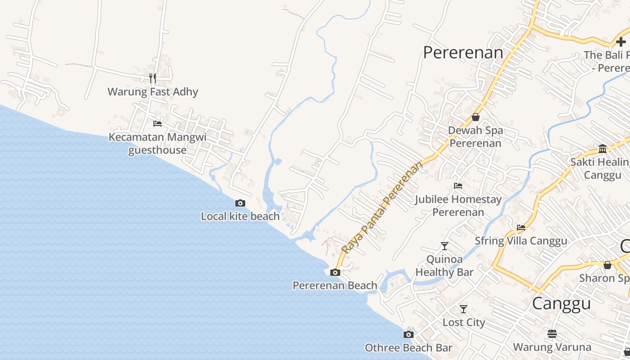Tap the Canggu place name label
point(561,304)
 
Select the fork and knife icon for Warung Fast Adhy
point(153,78)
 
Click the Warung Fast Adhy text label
point(153,92)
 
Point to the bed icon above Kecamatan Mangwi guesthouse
point(157,123)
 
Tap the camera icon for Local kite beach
point(240,203)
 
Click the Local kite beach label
point(240,216)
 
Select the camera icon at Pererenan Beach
point(335,272)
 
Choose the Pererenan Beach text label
point(335,286)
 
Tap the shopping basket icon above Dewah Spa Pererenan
point(476,117)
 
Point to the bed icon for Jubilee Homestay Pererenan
point(458,185)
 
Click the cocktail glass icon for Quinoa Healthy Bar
point(445,246)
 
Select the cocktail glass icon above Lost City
point(463,309)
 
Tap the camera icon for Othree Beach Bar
point(408,334)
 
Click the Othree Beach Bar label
point(408,348)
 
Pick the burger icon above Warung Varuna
point(552,334)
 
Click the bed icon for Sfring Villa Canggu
point(521,227)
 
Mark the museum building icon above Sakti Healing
point(603,148)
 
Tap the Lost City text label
point(463,323)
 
